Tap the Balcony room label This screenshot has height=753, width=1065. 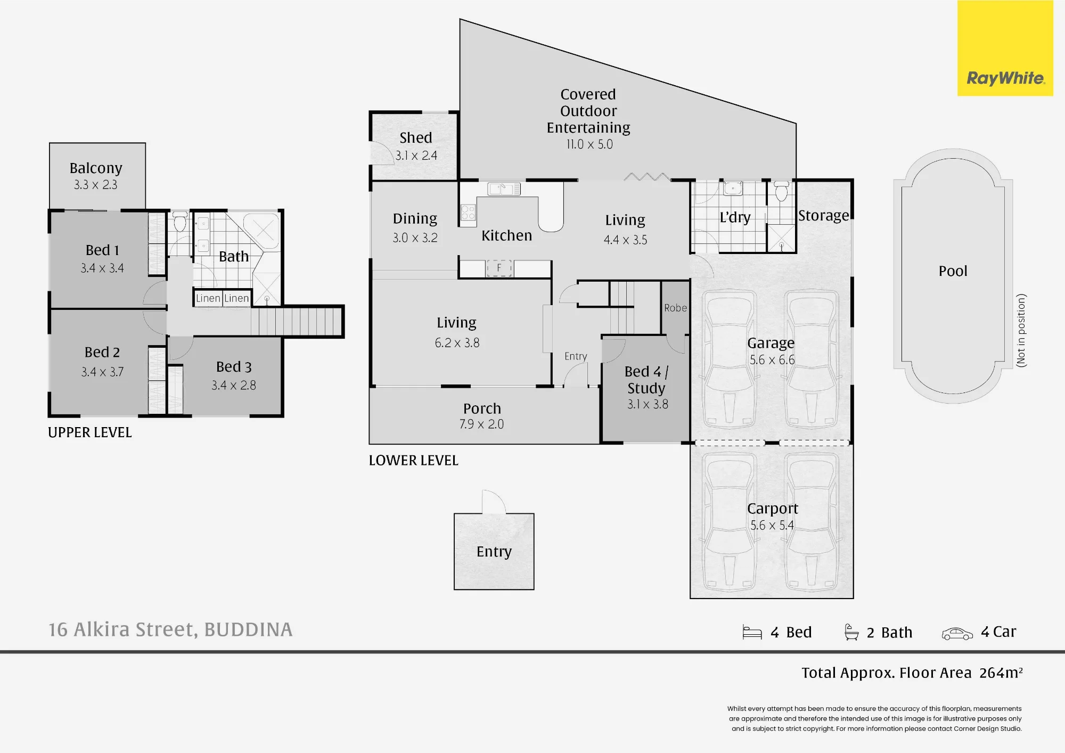[x=96, y=168]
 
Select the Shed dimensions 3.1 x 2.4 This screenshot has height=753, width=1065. [x=416, y=155]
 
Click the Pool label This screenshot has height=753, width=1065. [x=953, y=271]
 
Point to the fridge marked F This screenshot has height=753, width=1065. [x=499, y=268]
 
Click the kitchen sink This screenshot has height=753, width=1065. [x=504, y=189]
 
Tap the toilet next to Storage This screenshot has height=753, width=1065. [x=781, y=191]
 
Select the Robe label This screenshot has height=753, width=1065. [x=675, y=308]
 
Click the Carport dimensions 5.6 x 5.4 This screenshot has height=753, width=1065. [x=772, y=526]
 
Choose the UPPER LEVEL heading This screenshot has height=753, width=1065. [x=90, y=432]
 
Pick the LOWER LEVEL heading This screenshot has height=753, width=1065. [x=414, y=460]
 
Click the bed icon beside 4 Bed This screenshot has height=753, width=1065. [x=752, y=633]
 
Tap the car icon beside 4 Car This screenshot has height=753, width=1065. [x=957, y=633]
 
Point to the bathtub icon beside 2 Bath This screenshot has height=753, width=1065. [x=851, y=632]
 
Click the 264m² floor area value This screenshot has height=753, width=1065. [x=1001, y=673]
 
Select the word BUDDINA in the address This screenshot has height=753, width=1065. [x=248, y=629]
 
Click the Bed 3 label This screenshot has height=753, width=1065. [x=234, y=367]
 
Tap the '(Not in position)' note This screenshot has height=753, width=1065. [x=1021, y=330]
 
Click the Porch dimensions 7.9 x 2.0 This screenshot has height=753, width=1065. [x=481, y=424]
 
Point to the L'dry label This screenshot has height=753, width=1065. [x=735, y=217]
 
